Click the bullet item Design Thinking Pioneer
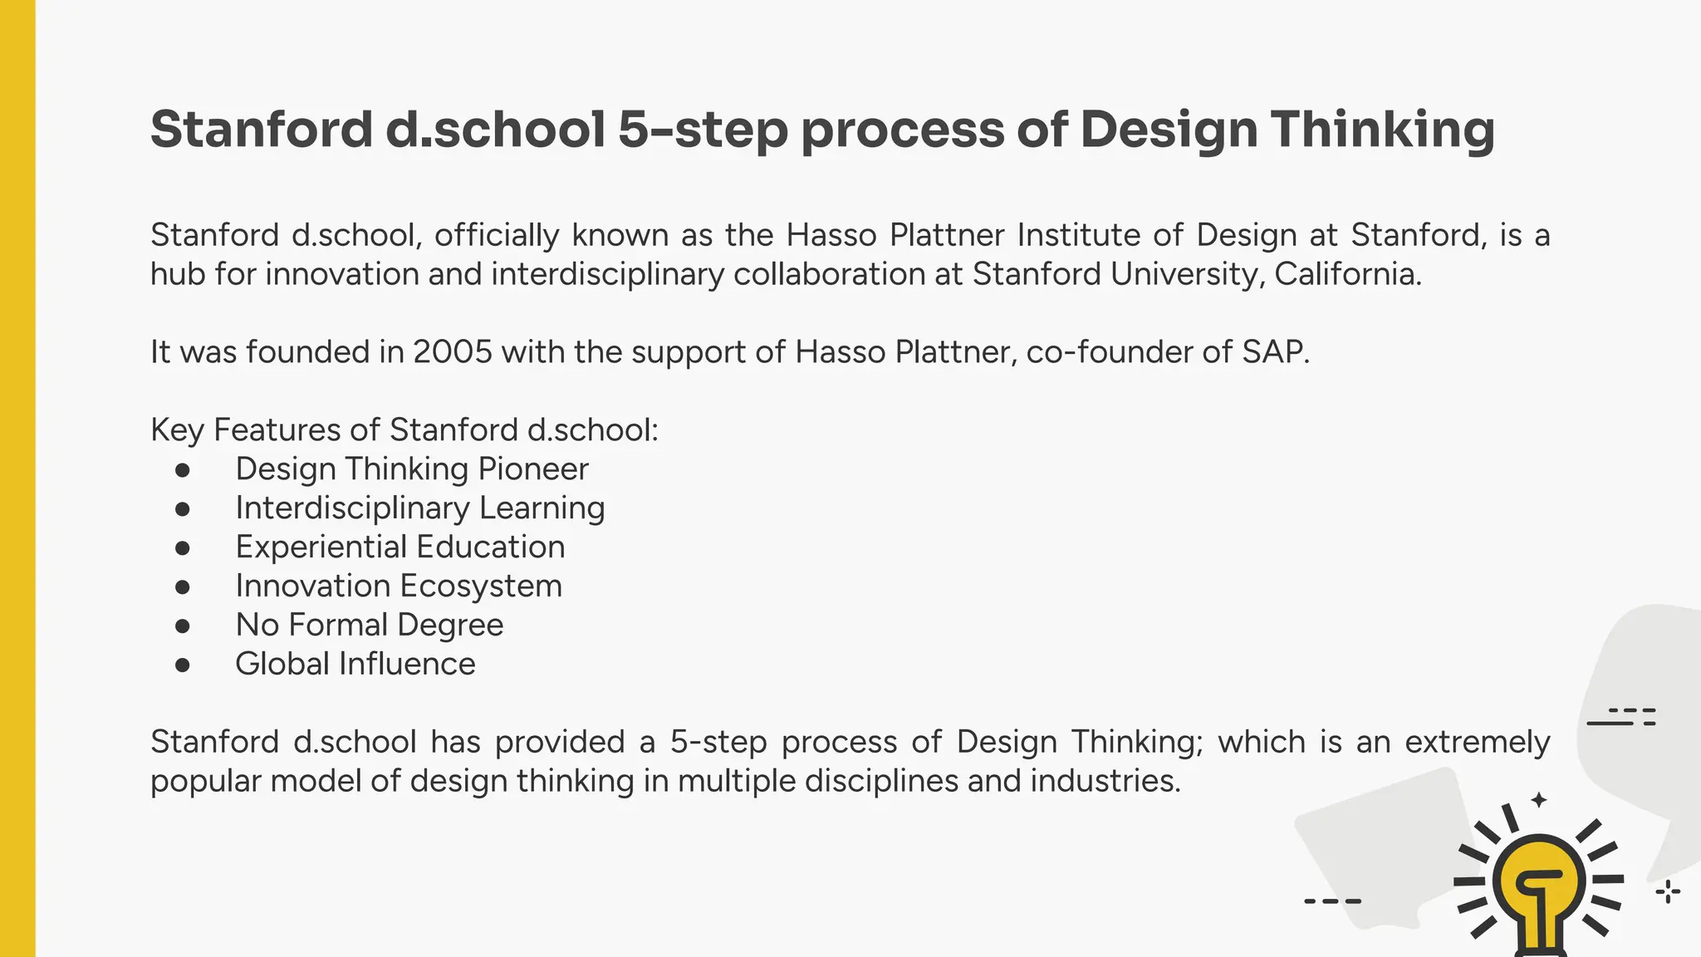click(412, 469)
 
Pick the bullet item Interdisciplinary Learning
click(420, 508)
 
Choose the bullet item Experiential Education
click(400, 547)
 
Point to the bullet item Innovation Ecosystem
click(399, 586)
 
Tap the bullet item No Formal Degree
click(370, 626)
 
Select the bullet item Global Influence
click(355, 665)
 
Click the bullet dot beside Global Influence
click(183, 665)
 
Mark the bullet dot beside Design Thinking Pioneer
click(183, 470)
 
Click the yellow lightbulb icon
click(1539, 889)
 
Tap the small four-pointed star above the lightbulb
click(1539, 800)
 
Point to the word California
click(1347, 274)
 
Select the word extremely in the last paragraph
click(1477, 742)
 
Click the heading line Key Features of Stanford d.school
click(404, 430)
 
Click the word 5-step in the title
click(702, 130)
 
